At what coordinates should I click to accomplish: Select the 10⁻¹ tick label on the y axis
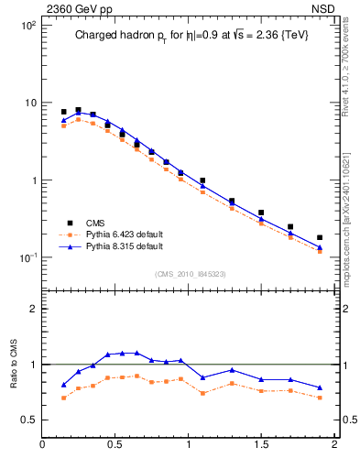coord(28,257)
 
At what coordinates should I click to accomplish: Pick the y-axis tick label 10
coord(30,103)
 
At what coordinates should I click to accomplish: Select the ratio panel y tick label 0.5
coord(27,420)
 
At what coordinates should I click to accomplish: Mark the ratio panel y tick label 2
coord(32,309)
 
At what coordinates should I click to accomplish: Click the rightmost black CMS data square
coord(320,237)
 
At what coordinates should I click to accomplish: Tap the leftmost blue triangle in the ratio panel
coord(63,385)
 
